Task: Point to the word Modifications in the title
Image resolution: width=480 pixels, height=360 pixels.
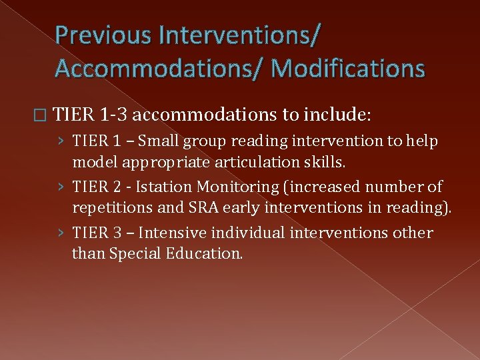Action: [x=349, y=67]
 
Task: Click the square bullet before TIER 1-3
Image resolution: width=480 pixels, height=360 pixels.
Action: [x=44, y=115]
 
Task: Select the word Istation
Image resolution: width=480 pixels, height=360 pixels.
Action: [x=161, y=187]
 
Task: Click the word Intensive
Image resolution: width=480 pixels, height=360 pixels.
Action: [x=169, y=233]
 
